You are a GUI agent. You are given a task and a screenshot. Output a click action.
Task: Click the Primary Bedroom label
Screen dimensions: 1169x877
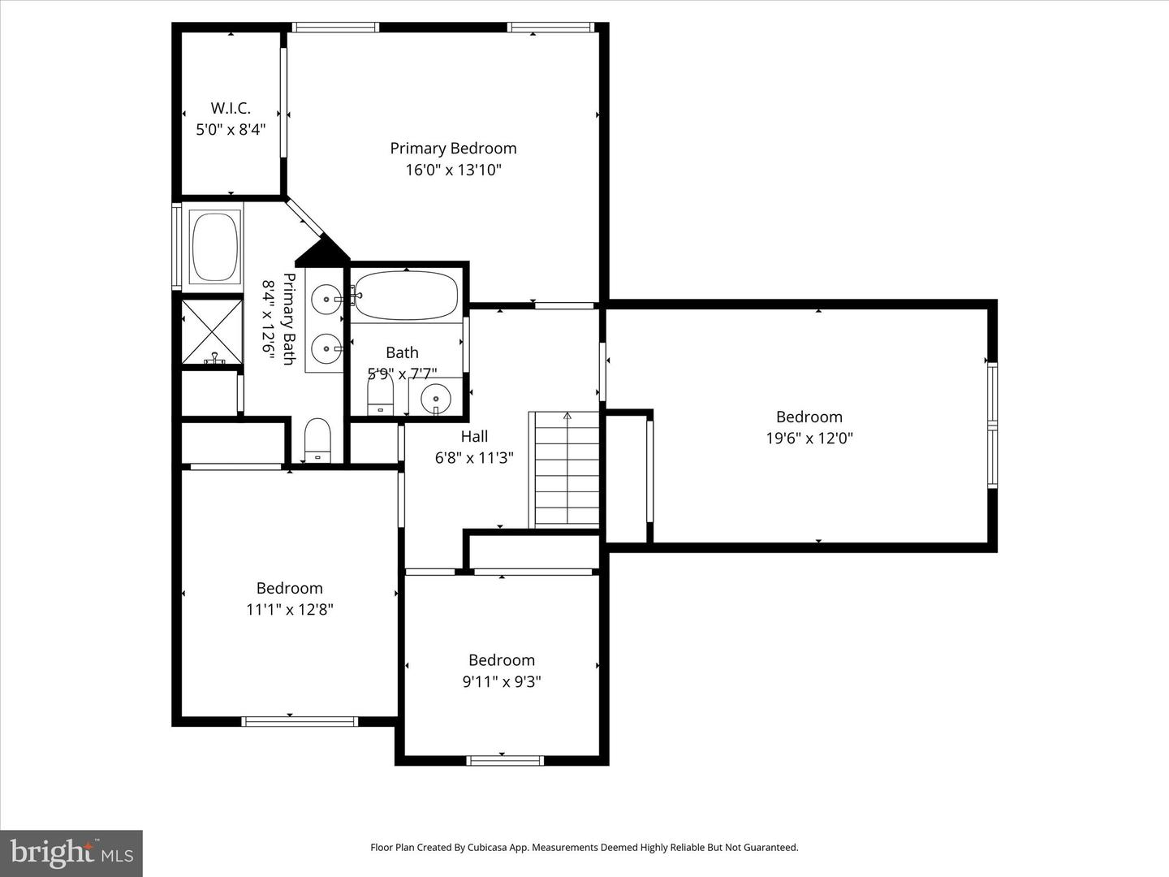point(453,149)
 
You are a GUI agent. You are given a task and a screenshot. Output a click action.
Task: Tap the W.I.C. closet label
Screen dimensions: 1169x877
point(231,108)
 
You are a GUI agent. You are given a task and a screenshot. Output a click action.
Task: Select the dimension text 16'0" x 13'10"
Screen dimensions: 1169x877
point(454,171)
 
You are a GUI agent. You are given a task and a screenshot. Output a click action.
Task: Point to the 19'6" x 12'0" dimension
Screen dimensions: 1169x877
point(809,438)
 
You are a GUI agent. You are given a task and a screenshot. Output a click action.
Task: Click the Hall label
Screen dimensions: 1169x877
point(474,437)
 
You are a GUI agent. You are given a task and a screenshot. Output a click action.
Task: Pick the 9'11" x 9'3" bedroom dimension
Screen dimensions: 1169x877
point(502,681)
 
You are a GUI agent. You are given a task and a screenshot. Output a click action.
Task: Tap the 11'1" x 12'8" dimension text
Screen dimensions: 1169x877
point(290,609)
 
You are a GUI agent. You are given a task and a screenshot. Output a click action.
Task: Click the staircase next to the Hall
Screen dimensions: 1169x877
point(564,469)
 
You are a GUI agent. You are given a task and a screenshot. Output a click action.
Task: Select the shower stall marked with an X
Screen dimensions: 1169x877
point(212,332)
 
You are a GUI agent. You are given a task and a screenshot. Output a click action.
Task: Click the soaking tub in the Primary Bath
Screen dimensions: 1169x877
point(214,247)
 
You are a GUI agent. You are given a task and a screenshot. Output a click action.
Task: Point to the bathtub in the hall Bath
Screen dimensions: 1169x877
point(406,296)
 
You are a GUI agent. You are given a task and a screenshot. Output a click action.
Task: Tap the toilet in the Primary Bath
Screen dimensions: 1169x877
point(317,440)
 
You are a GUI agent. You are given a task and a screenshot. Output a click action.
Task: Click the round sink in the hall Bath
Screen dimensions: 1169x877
point(436,398)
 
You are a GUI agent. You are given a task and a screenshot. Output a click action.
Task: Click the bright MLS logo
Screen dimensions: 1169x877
point(71,853)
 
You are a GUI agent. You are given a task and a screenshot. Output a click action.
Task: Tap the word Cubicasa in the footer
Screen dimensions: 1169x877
point(486,847)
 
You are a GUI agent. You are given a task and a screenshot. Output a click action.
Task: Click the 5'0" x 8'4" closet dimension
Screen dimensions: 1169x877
point(231,129)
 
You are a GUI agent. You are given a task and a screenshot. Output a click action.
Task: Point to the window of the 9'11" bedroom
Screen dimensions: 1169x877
point(505,760)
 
